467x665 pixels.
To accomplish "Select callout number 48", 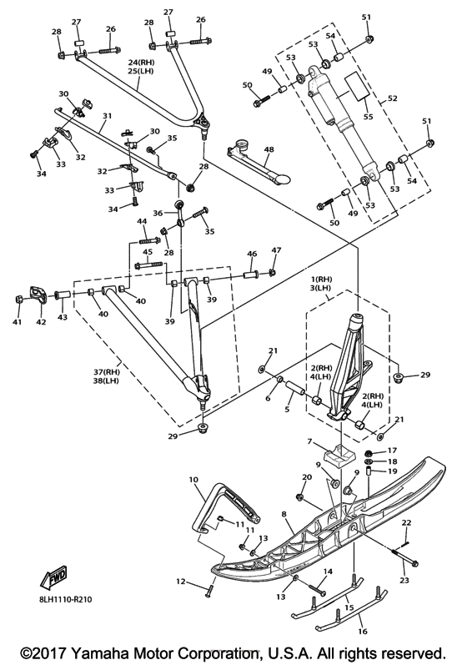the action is click(269, 149).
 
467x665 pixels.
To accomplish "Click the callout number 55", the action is click(369, 116).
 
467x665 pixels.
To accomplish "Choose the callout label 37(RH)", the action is click(107, 372).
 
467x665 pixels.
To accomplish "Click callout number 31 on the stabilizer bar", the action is click(108, 116).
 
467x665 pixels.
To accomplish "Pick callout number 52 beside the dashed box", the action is click(393, 98).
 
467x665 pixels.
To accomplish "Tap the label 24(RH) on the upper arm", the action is click(142, 63).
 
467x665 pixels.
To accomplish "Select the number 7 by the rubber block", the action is click(309, 441).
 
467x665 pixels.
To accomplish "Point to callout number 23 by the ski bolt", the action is click(404, 580).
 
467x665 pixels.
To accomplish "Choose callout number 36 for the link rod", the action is click(158, 213).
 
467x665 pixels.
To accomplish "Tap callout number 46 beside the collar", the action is click(252, 254).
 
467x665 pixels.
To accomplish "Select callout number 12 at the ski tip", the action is click(181, 581).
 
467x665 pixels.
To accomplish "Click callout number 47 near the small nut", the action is click(276, 250).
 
